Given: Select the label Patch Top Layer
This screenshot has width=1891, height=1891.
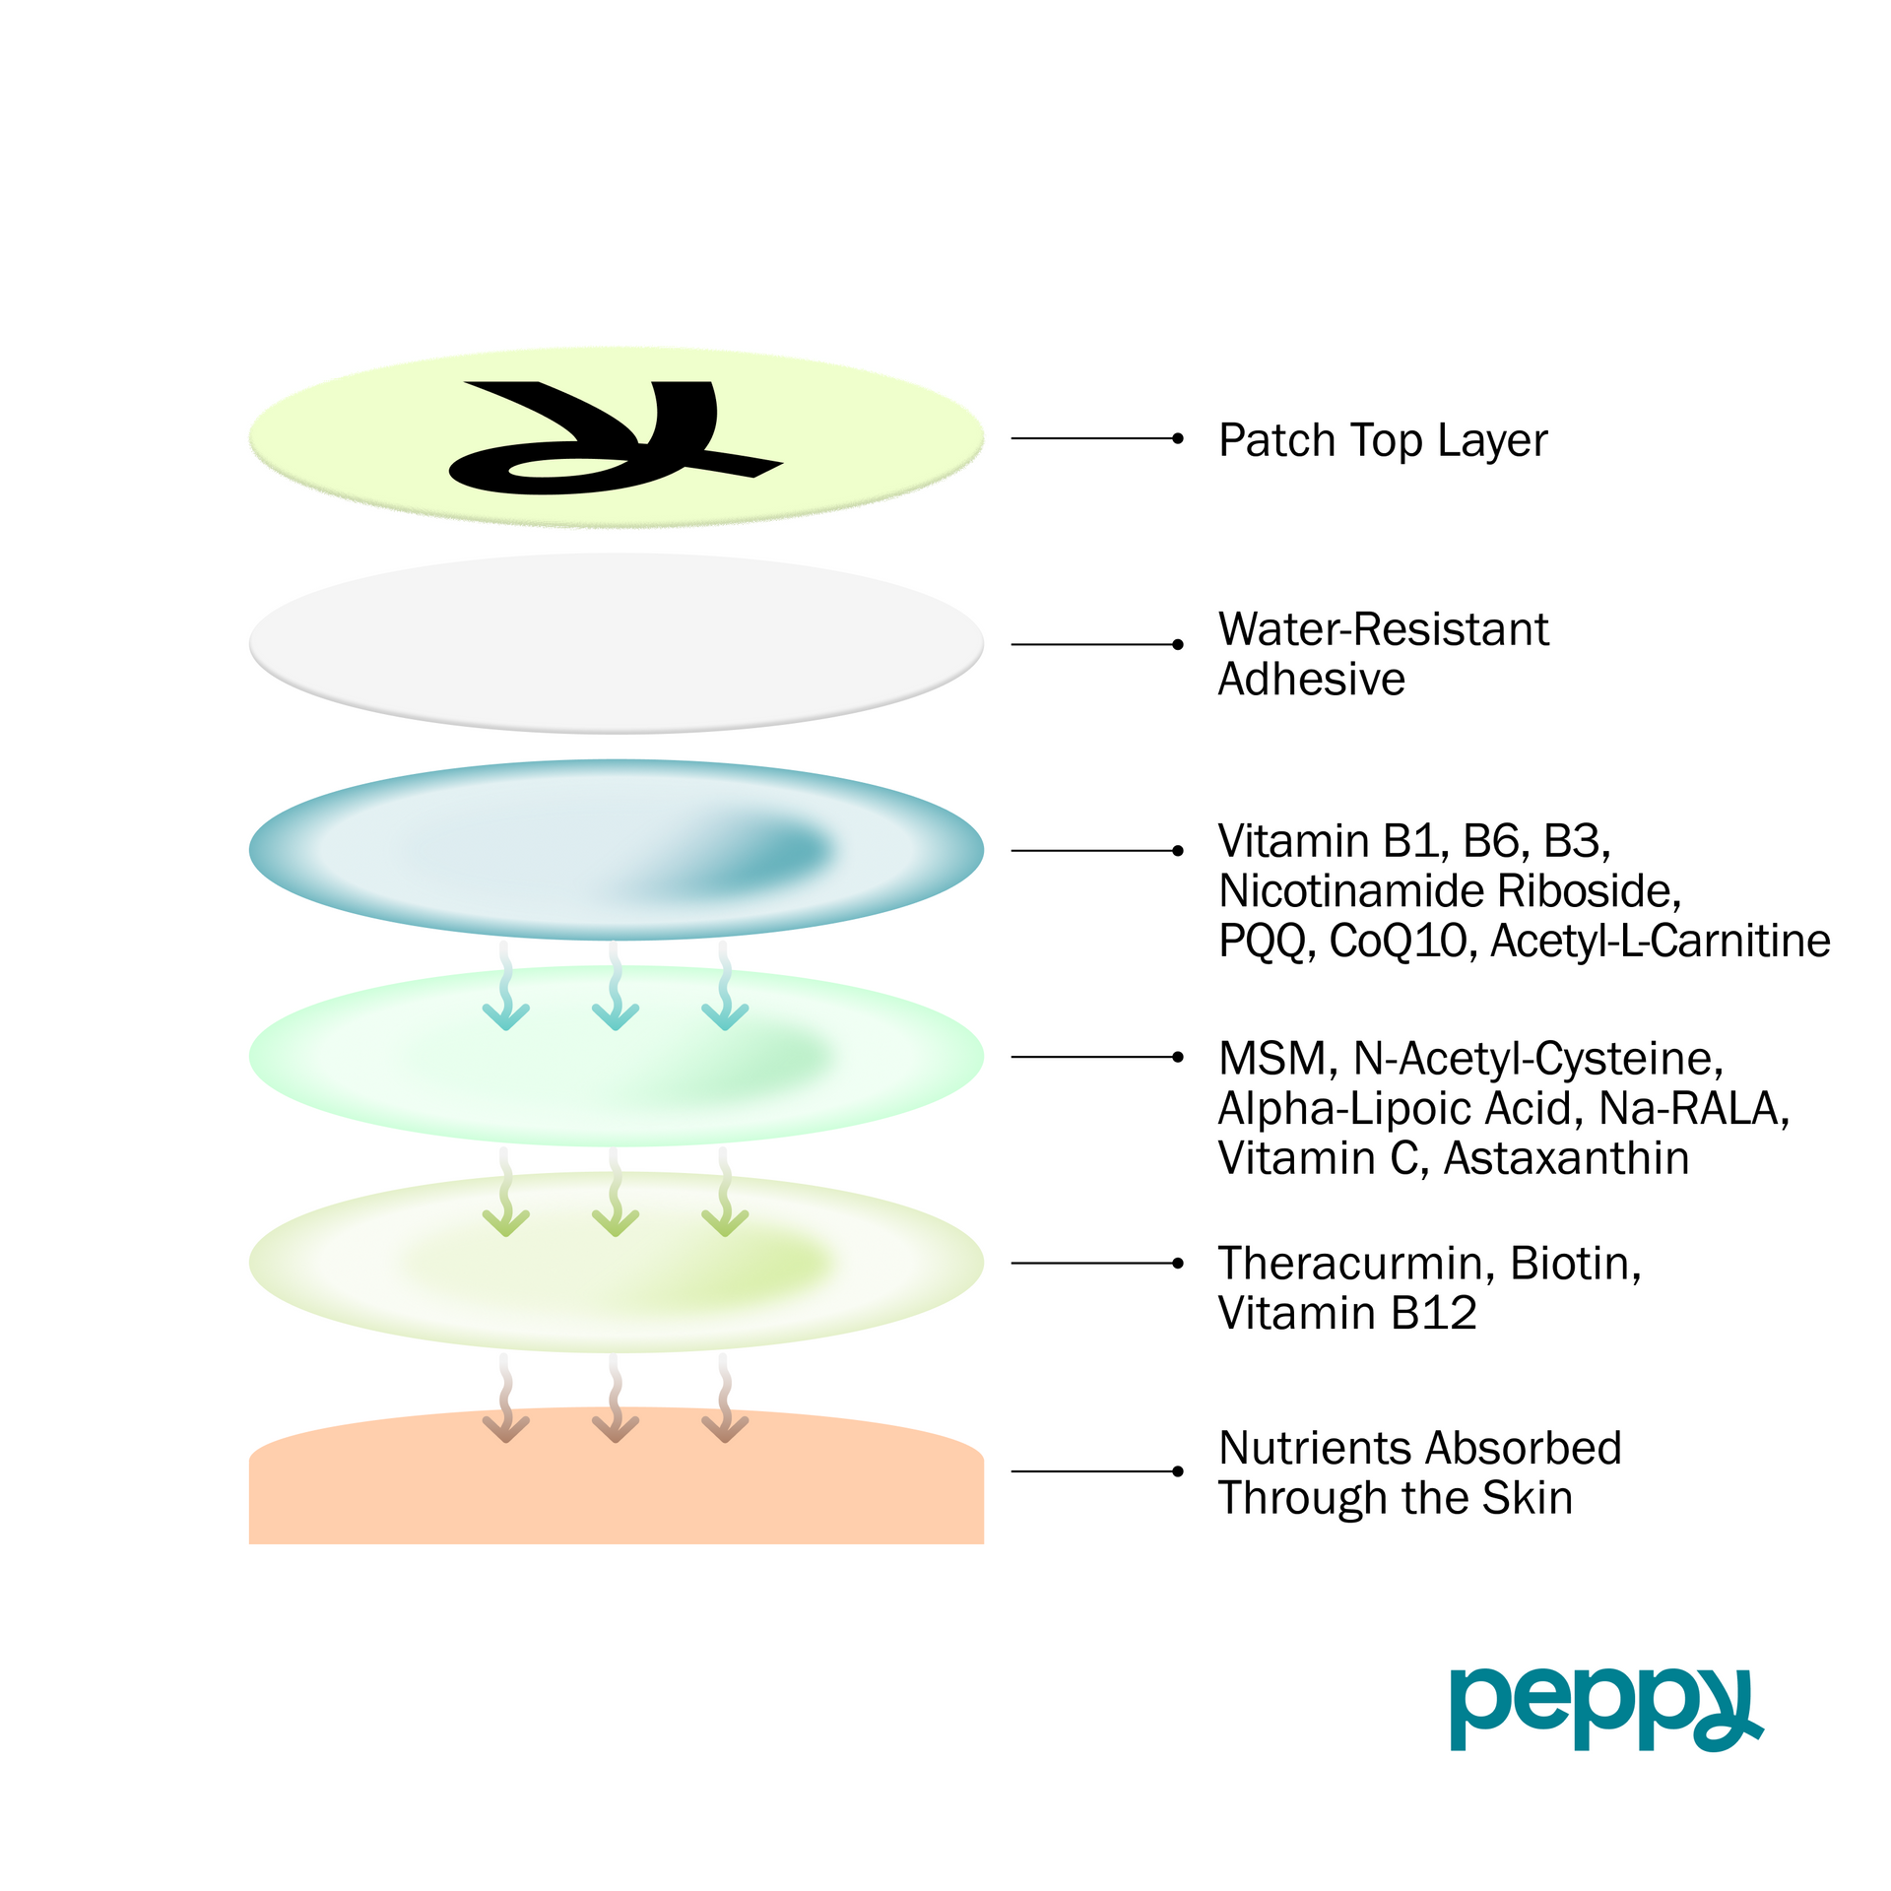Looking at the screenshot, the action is [1383, 440].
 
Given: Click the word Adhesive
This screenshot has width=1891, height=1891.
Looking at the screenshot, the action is [1311, 680].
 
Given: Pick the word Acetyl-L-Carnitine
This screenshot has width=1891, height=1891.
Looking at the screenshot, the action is [1661, 941].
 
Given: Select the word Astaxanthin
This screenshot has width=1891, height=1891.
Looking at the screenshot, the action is [1566, 1158].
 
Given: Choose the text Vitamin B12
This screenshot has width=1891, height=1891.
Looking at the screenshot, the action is [1347, 1314].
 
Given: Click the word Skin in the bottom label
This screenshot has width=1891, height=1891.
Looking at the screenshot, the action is [1528, 1498].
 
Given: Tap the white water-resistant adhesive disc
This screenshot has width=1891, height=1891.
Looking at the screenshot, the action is [617, 642].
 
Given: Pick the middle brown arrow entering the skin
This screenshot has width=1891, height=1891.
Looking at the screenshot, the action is [616, 1399].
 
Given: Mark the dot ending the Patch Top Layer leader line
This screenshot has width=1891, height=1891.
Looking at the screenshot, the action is [1178, 438].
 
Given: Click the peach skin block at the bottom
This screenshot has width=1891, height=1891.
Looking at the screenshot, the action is [617, 1487].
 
